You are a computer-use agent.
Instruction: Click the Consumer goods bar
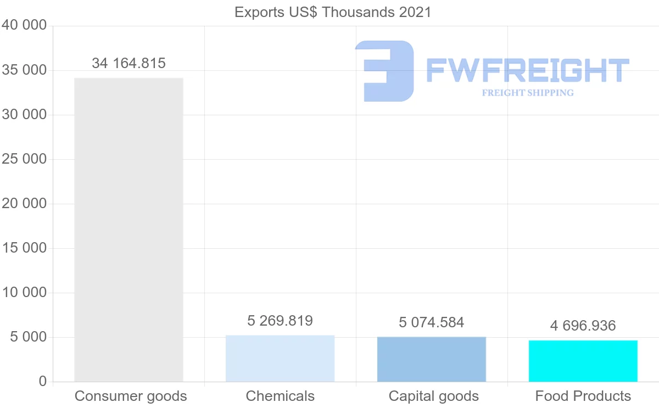[x=129, y=230]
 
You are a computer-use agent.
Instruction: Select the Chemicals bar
[x=280, y=358]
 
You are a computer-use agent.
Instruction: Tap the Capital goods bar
[x=432, y=359]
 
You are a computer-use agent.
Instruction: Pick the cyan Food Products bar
[x=583, y=361]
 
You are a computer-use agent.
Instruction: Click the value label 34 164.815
[x=129, y=63]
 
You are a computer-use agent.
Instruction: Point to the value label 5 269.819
[x=280, y=321]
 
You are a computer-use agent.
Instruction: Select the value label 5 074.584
[x=432, y=322]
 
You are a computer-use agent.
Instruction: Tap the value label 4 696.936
[x=583, y=326]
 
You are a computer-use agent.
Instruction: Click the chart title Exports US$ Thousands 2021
[x=333, y=12]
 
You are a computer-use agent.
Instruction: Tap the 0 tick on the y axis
[x=43, y=382]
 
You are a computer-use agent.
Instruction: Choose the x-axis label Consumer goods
[x=131, y=396]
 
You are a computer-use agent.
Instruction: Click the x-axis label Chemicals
[x=280, y=396]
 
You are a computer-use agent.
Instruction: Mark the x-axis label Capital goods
[x=433, y=396]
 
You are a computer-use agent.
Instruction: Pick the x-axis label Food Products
[x=583, y=396]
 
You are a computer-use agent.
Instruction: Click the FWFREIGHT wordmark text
[x=527, y=70]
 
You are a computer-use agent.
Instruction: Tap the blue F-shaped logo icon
[x=384, y=71]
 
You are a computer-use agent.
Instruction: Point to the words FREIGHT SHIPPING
[x=528, y=93]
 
